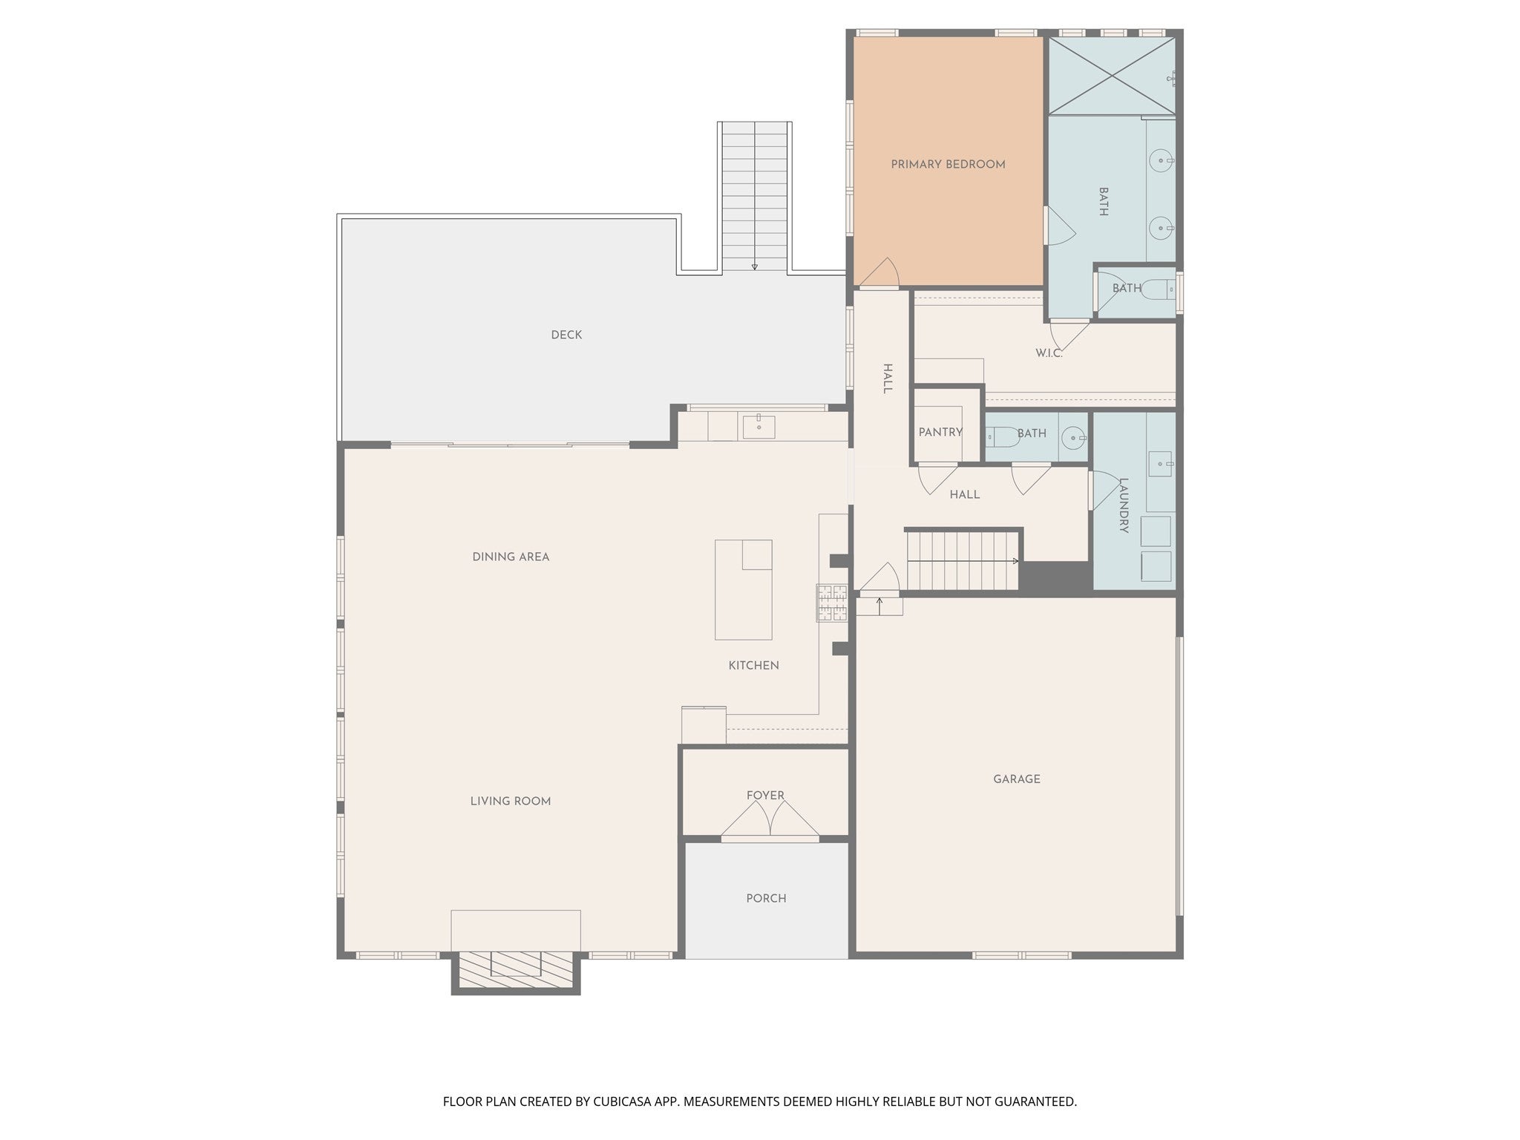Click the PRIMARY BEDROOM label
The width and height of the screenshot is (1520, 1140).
pos(948,165)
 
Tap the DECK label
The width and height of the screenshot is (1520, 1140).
pos(566,335)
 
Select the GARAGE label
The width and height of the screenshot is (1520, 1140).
pos(1016,779)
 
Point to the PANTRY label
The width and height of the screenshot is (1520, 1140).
pos(940,432)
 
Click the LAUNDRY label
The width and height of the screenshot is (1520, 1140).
pos(1123,505)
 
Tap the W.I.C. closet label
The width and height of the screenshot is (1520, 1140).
pos(1049,353)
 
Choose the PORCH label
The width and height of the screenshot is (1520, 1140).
pos(766,898)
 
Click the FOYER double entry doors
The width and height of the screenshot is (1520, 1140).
pos(770,822)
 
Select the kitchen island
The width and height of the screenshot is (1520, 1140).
pos(743,590)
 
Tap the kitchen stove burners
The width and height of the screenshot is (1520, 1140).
pos(832,603)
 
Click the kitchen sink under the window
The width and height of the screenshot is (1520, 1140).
pos(759,427)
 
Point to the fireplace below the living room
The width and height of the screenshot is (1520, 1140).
pos(516,970)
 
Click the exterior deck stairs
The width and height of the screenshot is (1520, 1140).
pos(754,197)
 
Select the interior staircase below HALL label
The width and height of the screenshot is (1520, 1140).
pos(962,560)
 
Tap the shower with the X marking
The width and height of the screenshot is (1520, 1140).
pos(1110,76)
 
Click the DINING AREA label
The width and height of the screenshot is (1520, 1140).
pos(511,557)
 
